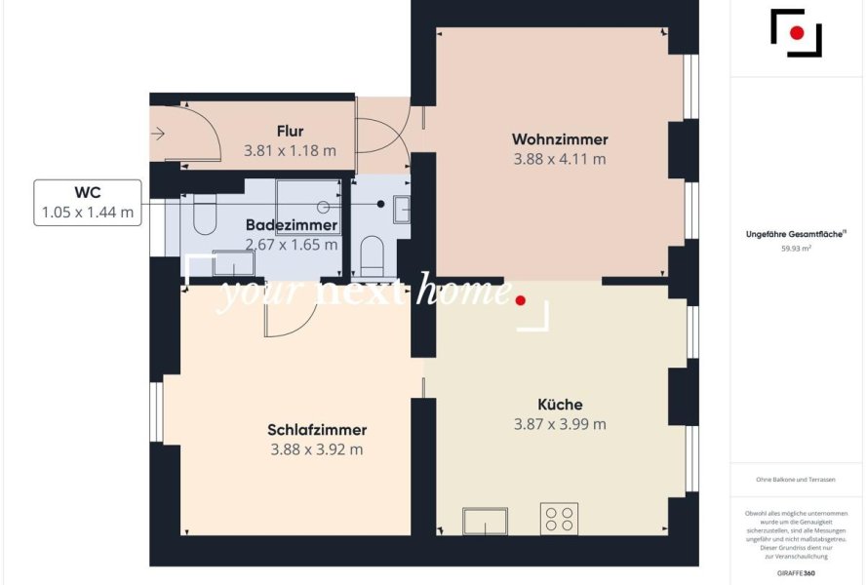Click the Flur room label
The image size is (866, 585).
(x=290, y=132)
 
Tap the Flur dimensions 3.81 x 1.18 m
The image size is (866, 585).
(x=290, y=151)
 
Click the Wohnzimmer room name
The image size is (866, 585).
(x=560, y=139)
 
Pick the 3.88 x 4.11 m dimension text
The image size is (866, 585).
(x=560, y=159)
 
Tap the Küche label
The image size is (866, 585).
(x=560, y=405)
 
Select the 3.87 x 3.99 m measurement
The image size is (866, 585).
(x=560, y=424)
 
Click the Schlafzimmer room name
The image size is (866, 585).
(x=317, y=430)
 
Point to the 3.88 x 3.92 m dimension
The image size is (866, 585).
(x=317, y=449)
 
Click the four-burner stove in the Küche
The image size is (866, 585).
(x=559, y=518)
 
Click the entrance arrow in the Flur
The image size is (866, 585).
(x=158, y=136)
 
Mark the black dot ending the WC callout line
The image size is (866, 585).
(x=381, y=204)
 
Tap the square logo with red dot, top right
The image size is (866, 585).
(x=796, y=33)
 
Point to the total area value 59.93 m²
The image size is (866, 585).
(x=796, y=249)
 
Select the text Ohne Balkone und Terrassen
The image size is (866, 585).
(x=796, y=480)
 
